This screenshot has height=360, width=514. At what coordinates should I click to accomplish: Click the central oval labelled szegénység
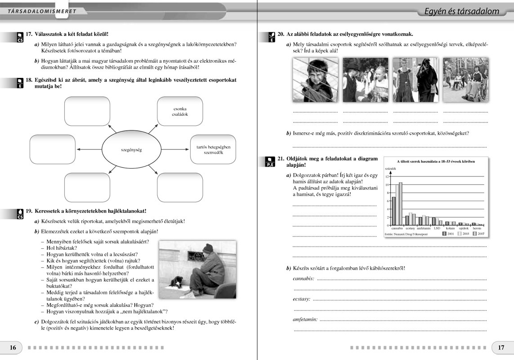point(131,149)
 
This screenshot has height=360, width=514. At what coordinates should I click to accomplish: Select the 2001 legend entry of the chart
point(448,234)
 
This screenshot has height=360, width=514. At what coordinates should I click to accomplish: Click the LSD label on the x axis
point(437,229)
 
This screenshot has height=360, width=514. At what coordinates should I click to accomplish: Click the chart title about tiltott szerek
point(435,161)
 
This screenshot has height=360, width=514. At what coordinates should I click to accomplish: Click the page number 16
point(13,347)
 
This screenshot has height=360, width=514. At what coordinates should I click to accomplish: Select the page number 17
point(501,347)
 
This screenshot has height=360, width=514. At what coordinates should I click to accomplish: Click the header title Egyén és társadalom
point(461,11)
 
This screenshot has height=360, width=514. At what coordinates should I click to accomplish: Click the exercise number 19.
point(29,211)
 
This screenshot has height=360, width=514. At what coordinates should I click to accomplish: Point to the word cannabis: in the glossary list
point(303,279)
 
